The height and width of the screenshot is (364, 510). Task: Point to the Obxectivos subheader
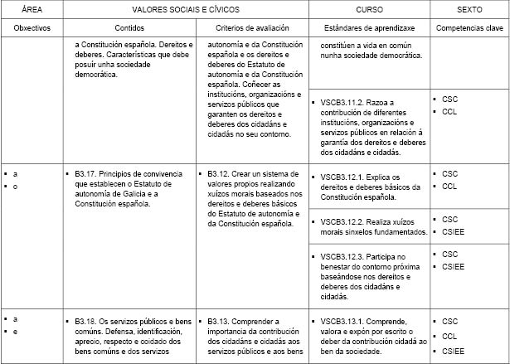[x=32, y=27]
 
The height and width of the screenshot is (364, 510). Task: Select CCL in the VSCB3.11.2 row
[x=449, y=112]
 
